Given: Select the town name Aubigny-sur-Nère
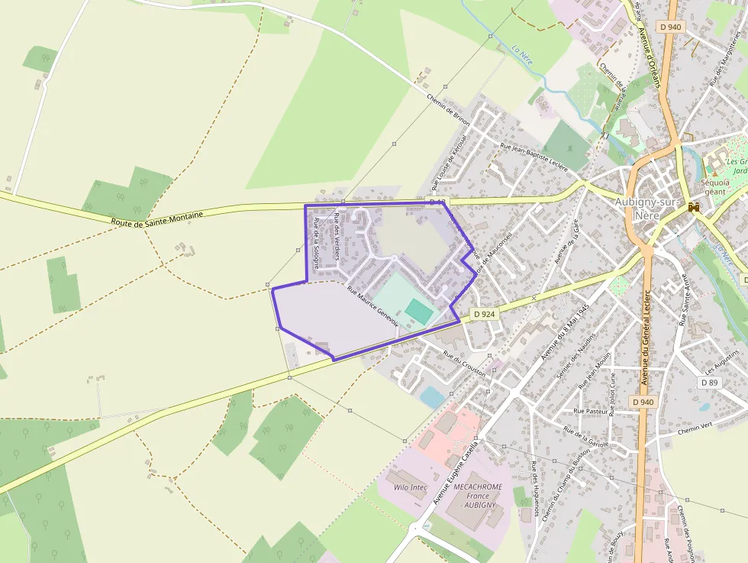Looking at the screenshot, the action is pyautogui.click(x=646, y=209).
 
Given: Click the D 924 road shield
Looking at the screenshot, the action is pyautogui.click(x=484, y=314).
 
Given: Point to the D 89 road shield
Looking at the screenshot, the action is pyautogui.click(x=709, y=382).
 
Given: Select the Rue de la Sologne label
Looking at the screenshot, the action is pyautogui.click(x=315, y=242).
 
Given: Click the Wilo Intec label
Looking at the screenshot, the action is pyautogui.click(x=411, y=487).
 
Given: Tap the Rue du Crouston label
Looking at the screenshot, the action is pyautogui.click(x=464, y=361).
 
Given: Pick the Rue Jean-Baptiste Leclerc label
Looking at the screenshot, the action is pyautogui.click(x=534, y=157).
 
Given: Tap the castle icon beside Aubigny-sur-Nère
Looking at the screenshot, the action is pyautogui.click(x=694, y=207).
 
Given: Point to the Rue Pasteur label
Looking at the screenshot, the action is pyautogui.click(x=589, y=412).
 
